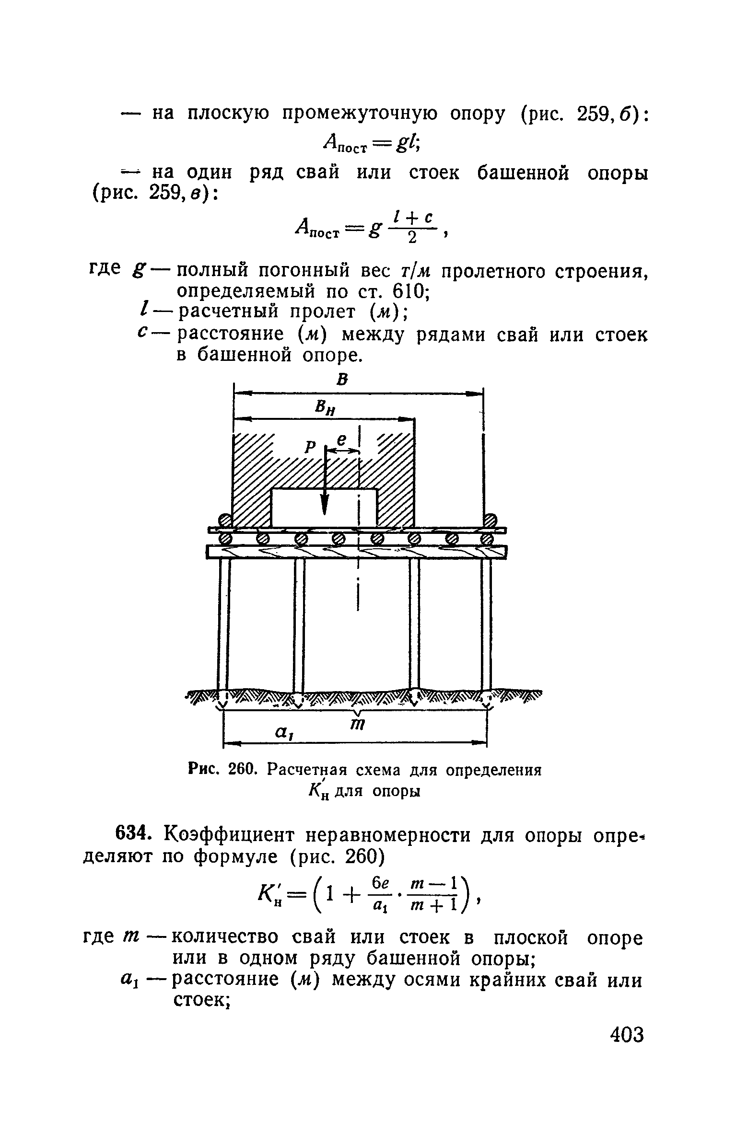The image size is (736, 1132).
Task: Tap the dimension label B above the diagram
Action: click(x=342, y=380)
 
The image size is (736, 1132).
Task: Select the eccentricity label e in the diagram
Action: click(x=341, y=439)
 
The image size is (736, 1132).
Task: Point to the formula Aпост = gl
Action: click(x=372, y=142)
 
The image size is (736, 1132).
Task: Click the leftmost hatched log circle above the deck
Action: click(x=225, y=520)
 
